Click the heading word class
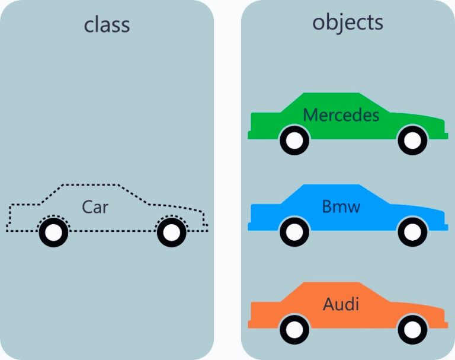click(x=107, y=25)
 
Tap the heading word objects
click(x=348, y=23)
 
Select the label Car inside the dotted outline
click(x=95, y=207)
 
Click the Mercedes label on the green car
click(x=341, y=114)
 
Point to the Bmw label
click(x=341, y=207)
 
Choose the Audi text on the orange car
click(x=341, y=304)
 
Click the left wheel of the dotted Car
click(x=53, y=233)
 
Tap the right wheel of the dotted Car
click(x=171, y=233)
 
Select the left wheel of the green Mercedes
click(x=294, y=141)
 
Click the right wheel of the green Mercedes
click(x=412, y=141)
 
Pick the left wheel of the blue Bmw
click(x=294, y=232)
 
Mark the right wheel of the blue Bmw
click(x=412, y=232)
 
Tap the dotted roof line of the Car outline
click(x=89, y=184)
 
